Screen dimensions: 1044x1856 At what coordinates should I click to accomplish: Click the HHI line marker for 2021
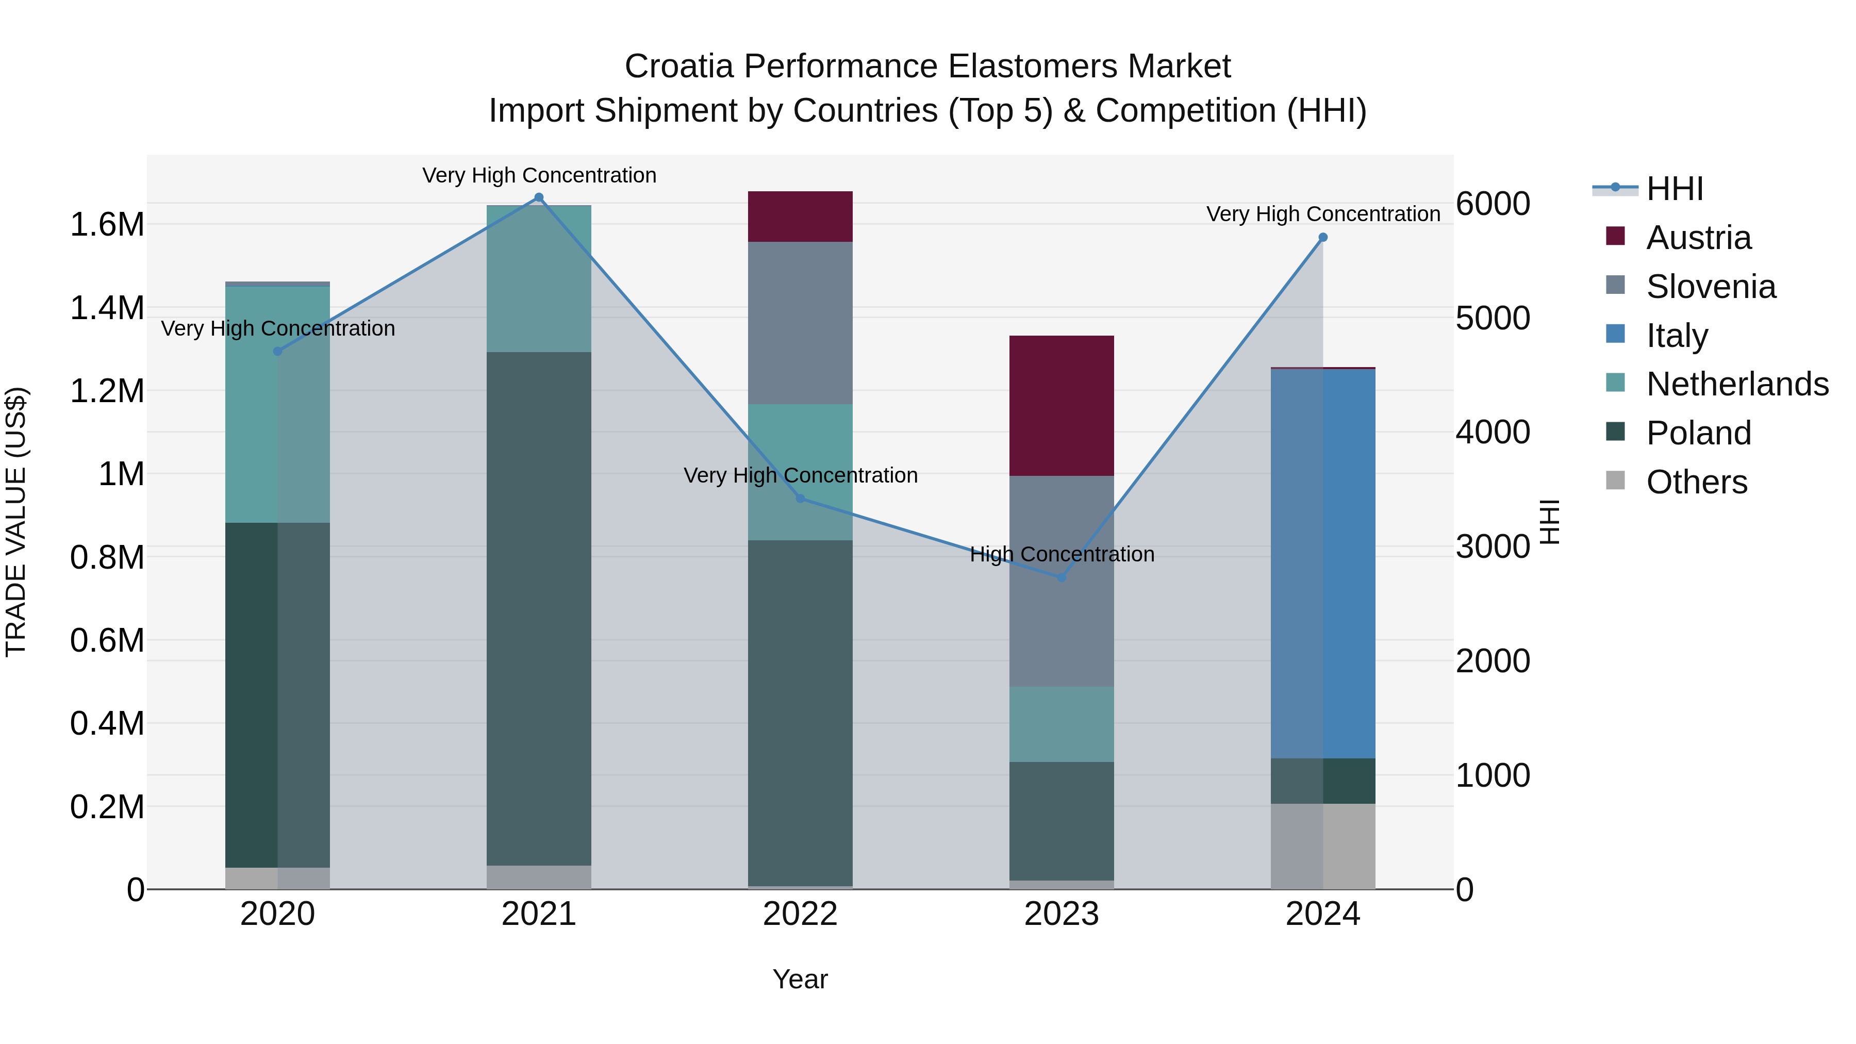click(x=538, y=197)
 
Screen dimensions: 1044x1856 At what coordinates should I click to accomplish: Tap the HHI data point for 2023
click(x=1062, y=577)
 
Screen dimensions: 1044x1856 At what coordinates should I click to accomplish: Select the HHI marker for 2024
click(x=1323, y=237)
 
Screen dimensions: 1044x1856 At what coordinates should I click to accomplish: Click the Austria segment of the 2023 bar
click(x=1062, y=406)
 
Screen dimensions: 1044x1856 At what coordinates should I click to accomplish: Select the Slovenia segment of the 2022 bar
click(x=800, y=323)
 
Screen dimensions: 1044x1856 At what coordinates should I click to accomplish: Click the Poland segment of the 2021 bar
click(x=538, y=609)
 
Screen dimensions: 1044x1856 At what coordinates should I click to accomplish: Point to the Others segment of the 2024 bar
click(x=1323, y=846)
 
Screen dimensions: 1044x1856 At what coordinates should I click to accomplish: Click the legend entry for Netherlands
click(x=1736, y=384)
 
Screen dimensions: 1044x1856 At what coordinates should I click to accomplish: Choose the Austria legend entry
click(x=1698, y=238)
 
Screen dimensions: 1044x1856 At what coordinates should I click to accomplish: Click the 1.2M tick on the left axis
click(x=107, y=391)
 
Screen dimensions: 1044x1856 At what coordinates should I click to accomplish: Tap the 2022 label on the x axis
click(x=800, y=914)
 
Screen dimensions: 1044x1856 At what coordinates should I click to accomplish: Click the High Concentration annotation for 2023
click(x=1062, y=554)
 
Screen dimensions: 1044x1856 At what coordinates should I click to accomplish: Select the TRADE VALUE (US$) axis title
click(x=16, y=522)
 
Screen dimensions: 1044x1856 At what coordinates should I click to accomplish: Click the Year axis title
click(x=800, y=979)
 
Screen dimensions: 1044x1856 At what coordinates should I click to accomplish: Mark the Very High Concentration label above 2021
click(x=539, y=175)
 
